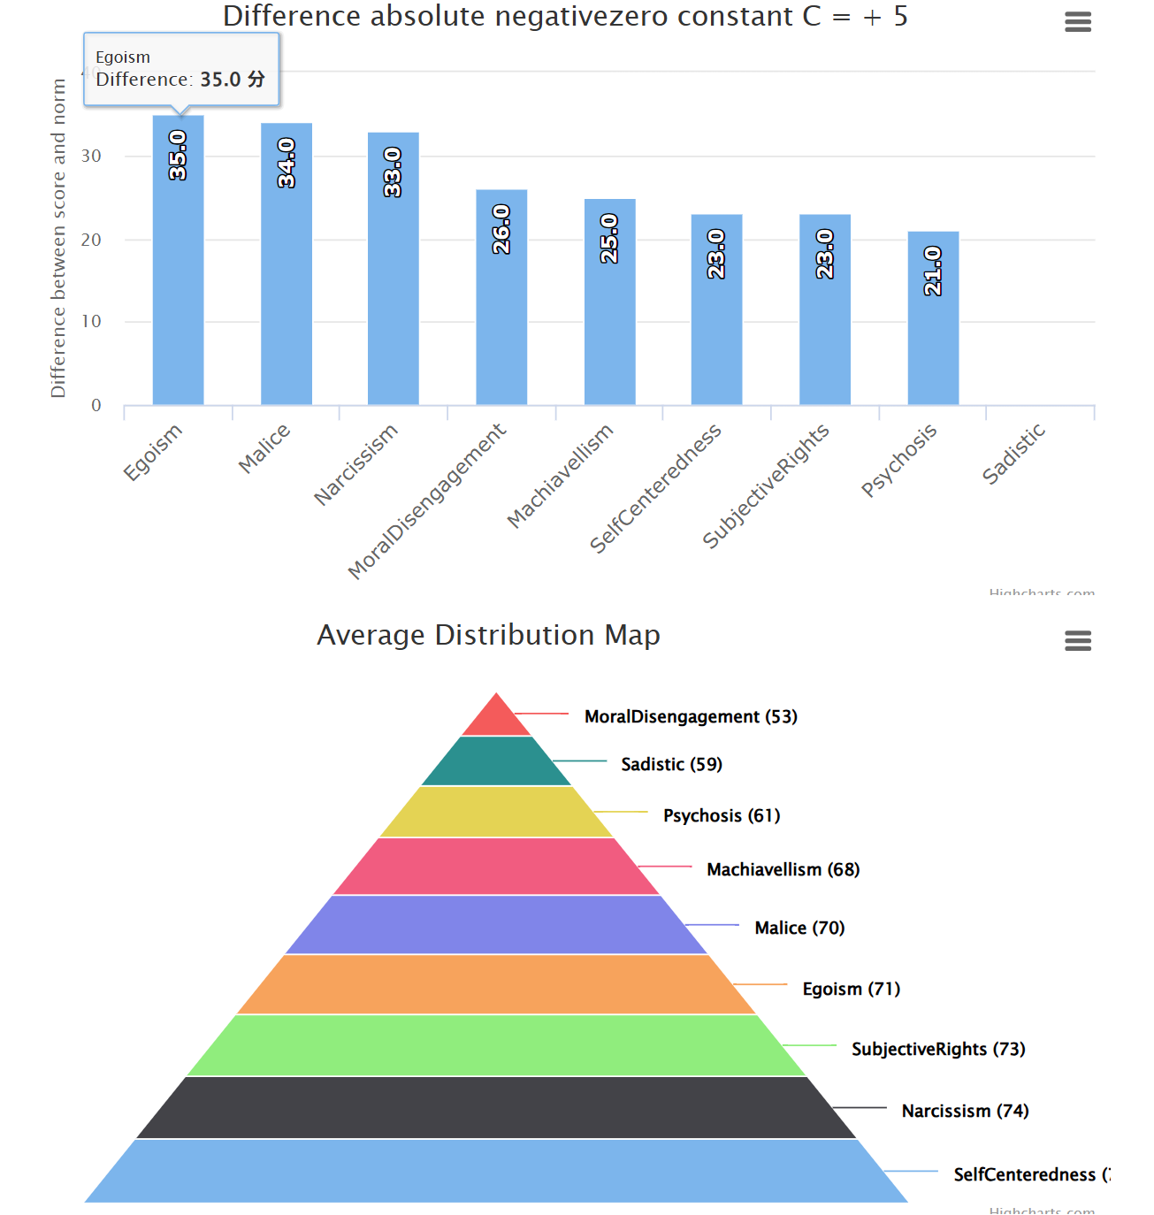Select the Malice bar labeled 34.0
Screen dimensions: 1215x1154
point(286,265)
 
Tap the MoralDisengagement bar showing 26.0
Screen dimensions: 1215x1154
point(501,301)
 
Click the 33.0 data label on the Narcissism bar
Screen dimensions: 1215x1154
point(393,172)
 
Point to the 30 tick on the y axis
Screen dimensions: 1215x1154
point(91,157)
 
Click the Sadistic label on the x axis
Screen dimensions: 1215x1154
point(1013,454)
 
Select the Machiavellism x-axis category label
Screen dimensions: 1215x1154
point(560,475)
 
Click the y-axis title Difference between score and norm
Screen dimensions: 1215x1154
point(58,239)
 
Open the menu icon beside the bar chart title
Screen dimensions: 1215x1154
point(1077,22)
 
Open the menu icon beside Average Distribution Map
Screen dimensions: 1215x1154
point(1077,641)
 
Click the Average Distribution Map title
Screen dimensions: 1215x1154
point(488,635)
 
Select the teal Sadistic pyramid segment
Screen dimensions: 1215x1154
point(496,762)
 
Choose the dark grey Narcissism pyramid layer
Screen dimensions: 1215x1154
point(496,1107)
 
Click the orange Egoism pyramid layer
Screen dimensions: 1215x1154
point(496,984)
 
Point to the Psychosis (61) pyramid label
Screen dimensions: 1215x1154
point(722,815)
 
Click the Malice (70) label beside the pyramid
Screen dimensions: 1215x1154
point(799,928)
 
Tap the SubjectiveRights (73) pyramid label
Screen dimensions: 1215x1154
point(938,1049)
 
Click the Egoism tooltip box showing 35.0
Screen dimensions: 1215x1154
point(181,69)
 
